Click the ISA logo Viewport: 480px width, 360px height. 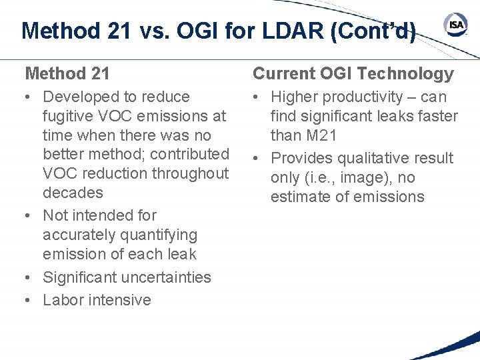pyautogui.click(x=456, y=25)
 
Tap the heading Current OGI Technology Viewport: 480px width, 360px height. pyautogui.click(x=353, y=73)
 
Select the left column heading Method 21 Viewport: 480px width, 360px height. pyautogui.click(x=67, y=73)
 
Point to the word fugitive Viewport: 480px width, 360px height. pyautogui.click(x=67, y=116)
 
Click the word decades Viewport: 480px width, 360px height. pyautogui.click(x=73, y=193)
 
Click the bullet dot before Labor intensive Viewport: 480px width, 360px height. pyautogui.click(x=29, y=300)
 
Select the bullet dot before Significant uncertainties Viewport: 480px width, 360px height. pyautogui.click(x=29, y=277)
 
